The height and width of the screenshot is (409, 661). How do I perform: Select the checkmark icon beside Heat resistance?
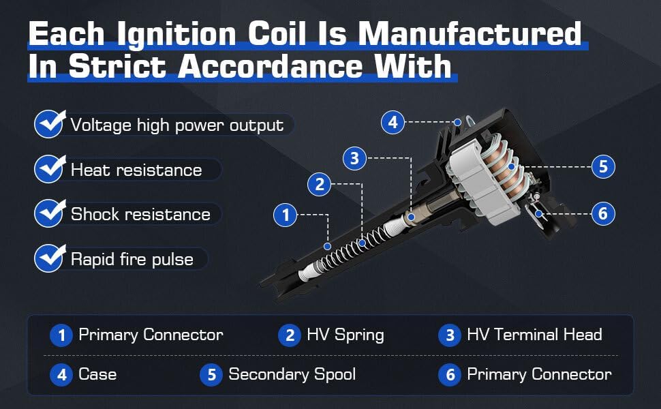click(x=50, y=168)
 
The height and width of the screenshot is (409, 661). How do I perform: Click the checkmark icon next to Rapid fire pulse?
click(x=50, y=258)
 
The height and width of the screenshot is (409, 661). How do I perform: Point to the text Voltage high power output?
click(x=176, y=125)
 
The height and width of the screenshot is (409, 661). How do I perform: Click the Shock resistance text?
click(x=140, y=214)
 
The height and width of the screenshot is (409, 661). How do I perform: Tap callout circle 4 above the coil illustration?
click(x=393, y=122)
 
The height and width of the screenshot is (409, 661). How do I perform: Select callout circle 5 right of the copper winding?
click(x=603, y=166)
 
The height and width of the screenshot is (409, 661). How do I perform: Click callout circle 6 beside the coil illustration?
click(x=603, y=213)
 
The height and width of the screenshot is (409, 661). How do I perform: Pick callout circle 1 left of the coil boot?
click(x=285, y=215)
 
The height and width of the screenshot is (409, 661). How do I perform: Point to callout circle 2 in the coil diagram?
click(x=319, y=184)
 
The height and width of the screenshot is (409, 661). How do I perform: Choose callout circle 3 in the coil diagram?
click(x=354, y=159)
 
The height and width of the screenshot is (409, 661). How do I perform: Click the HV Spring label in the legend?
click(x=345, y=335)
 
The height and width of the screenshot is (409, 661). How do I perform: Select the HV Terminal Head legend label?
click(x=534, y=335)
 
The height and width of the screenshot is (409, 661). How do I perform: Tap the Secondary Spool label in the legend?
click(x=292, y=374)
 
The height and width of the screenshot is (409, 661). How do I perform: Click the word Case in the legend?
click(x=97, y=374)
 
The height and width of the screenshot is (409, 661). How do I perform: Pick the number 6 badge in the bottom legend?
click(x=450, y=375)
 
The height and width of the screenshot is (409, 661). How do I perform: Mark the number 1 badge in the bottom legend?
click(x=61, y=335)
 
